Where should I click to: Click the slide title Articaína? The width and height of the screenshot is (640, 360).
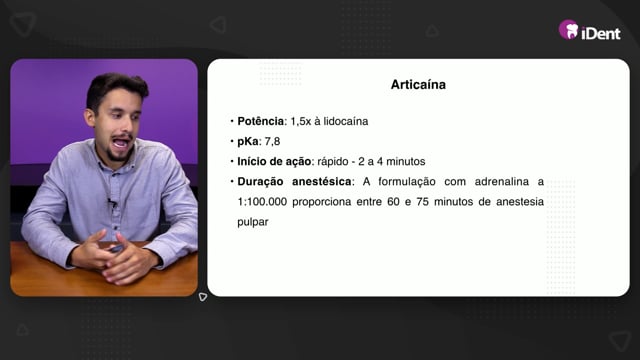[418, 84]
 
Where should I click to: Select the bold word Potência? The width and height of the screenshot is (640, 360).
[261, 121]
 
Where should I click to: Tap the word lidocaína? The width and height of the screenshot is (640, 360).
[346, 121]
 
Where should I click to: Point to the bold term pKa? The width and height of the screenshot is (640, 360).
[248, 142]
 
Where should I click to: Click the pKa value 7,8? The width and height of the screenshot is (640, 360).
[272, 142]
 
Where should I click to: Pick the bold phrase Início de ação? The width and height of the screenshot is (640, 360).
[274, 162]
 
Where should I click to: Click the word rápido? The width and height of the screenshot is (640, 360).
[333, 162]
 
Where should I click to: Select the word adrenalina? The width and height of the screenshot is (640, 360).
[502, 181]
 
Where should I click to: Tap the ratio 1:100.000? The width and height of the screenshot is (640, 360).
[262, 202]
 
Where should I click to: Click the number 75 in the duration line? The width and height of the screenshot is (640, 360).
[422, 202]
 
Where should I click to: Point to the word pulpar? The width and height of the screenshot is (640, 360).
[253, 222]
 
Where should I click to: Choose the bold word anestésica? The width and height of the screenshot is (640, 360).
[322, 181]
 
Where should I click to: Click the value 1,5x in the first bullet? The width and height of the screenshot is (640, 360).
[301, 121]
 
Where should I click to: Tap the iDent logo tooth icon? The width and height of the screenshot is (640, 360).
[569, 29]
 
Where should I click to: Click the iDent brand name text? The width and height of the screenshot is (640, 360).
[601, 33]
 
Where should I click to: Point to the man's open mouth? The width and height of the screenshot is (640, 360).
[121, 142]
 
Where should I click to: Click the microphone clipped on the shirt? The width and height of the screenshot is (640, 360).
[111, 202]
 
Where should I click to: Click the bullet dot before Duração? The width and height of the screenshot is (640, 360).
[232, 181]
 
